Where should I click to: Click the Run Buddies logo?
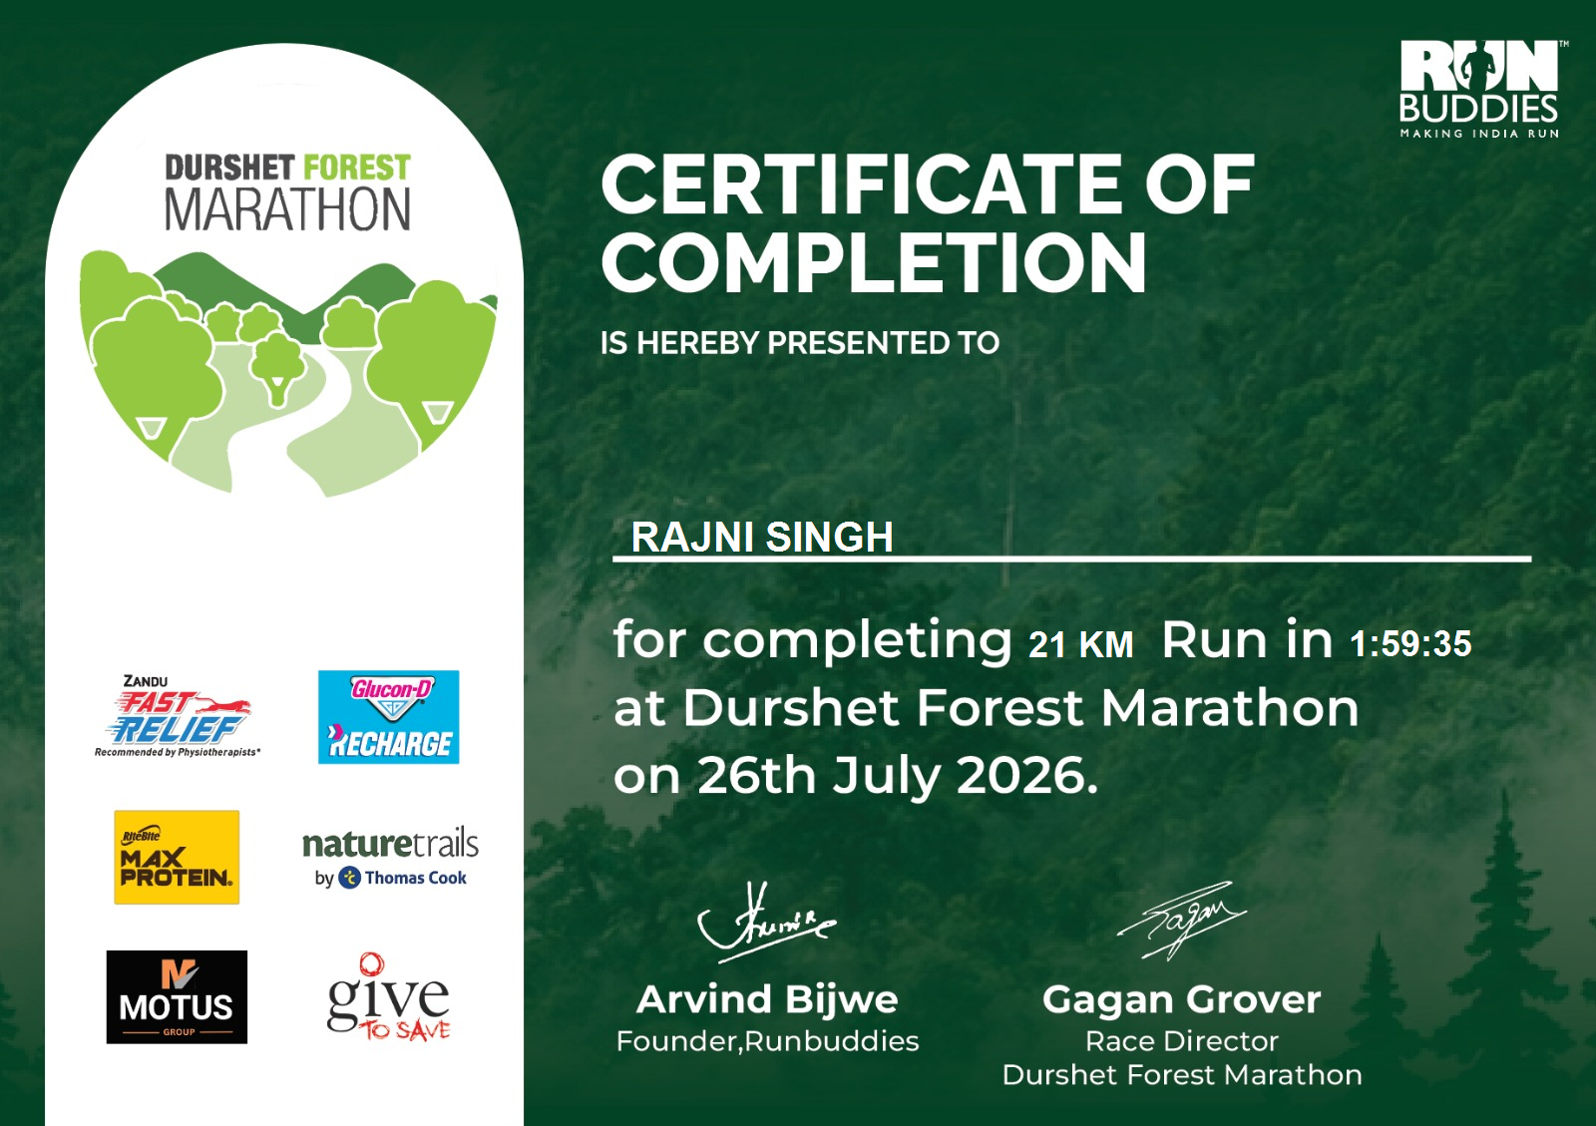click(x=1480, y=89)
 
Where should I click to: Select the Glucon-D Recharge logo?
click(x=388, y=716)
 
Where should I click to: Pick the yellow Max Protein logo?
click(x=177, y=857)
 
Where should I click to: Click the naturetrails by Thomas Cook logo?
click(x=390, y=858)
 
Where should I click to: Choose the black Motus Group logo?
click(x=177, y=997)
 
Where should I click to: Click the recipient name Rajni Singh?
click(x=762, y=537)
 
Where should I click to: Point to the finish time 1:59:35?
click(x=1410, y=643)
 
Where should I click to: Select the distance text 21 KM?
click(x=1081, y=644)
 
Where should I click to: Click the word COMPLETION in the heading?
click(x=874, y=263)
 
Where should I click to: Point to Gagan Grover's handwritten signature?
click(x=1181, y=921)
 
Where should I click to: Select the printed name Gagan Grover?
click(x=1181, y=999)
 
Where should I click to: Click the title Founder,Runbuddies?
click(x=767, y=1041)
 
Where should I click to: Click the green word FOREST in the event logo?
click(x=357, y=169)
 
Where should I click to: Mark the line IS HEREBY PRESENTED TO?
click(x=799, y=343)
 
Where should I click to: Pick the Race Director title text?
click(x=1182, y=1041)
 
